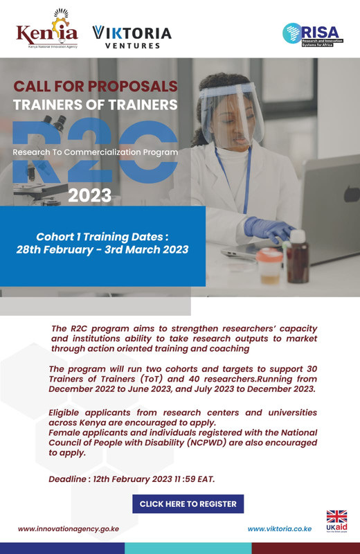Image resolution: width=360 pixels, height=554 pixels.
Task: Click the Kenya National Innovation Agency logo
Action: pyautogui.click(x=46, y=29)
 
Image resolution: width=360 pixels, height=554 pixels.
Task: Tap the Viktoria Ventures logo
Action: pyautogui.click(x=132, y=37)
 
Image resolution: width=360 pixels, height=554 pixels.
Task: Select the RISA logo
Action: pyautogui.click(x=313, y=35)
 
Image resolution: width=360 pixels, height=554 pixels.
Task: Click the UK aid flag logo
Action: pyautogui.click(x=336, y=521)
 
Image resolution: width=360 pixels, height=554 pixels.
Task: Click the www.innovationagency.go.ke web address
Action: pyautogui.click(x=69, y=529)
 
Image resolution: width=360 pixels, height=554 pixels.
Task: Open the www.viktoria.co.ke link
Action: pyautogui.click(x=280, y=529)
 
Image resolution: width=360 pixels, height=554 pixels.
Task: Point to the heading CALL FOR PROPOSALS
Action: pyautogui.click(x=96, y=86)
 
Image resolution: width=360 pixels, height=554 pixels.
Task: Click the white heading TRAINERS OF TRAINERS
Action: pyautogui.click(x=96, y=105)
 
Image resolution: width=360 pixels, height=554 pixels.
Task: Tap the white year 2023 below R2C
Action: pyautogui.click(x=90, y=195)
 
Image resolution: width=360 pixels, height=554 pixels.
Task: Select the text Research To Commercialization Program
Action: pyautogui.click(x=96, y=152)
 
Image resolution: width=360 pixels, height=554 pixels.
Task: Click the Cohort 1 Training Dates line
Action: pyautogui.click(x=102, y=236)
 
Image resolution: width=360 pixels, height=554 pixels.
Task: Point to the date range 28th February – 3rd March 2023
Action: pyautogui.click(x=102, y=249)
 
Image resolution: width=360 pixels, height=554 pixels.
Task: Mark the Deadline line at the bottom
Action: pyautogui.click(x=132, y=479)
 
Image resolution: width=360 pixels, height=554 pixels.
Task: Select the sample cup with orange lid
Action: pyautogui.click(x=269, y=266)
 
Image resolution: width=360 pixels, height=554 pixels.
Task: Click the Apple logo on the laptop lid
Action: pyautogui.click(x=352, y=193)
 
